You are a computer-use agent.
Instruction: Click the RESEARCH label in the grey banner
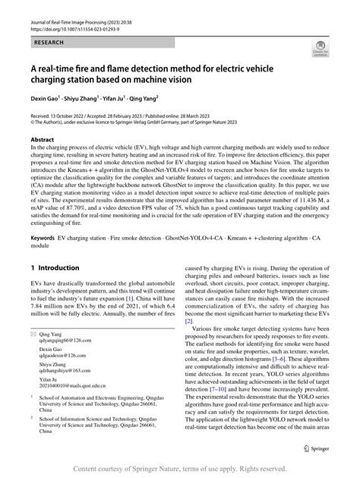pyautogui.click(x=49, y=44)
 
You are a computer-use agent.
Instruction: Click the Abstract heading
pyautogui.click(x=42, y=140)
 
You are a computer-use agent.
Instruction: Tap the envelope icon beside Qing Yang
pyautogui.click(x=33, y=356)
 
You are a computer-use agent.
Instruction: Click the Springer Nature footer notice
pyautogui.click(x=180, y=469)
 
